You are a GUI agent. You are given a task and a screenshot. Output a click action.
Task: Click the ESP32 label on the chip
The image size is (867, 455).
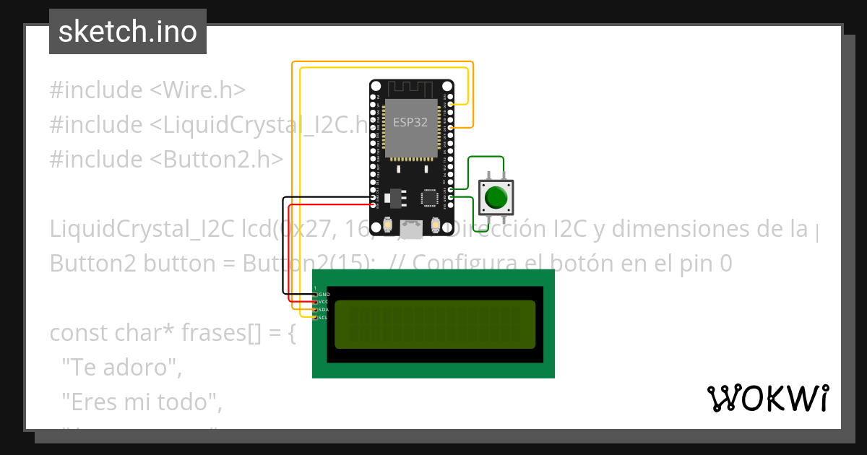[410, 122]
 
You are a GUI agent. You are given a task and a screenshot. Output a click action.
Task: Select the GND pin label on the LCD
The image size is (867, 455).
[324, 295]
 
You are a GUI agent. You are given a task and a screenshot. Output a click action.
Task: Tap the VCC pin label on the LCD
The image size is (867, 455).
[324, 302]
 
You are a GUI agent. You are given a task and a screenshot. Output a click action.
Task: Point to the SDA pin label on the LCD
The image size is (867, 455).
[324, 310]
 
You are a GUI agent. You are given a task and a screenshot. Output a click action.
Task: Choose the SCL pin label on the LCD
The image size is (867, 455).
[324, 317]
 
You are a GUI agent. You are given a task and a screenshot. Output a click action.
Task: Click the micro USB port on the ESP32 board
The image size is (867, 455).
[412, 230]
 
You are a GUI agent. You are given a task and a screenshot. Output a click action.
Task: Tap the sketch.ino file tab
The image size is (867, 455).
[128, 32]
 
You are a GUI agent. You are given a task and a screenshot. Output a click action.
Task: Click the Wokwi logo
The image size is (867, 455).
[768, 399]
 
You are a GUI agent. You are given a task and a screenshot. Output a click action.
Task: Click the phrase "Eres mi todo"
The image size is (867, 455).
[141, 402]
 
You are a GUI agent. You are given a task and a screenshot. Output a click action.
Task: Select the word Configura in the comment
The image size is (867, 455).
[463, 264]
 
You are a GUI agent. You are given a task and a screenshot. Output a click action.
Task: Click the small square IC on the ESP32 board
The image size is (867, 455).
[430, 196]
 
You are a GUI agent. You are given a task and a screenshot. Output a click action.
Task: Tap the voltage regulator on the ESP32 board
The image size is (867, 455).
[394, 196]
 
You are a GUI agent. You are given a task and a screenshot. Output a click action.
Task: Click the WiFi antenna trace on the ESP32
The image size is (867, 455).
[410, 88]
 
